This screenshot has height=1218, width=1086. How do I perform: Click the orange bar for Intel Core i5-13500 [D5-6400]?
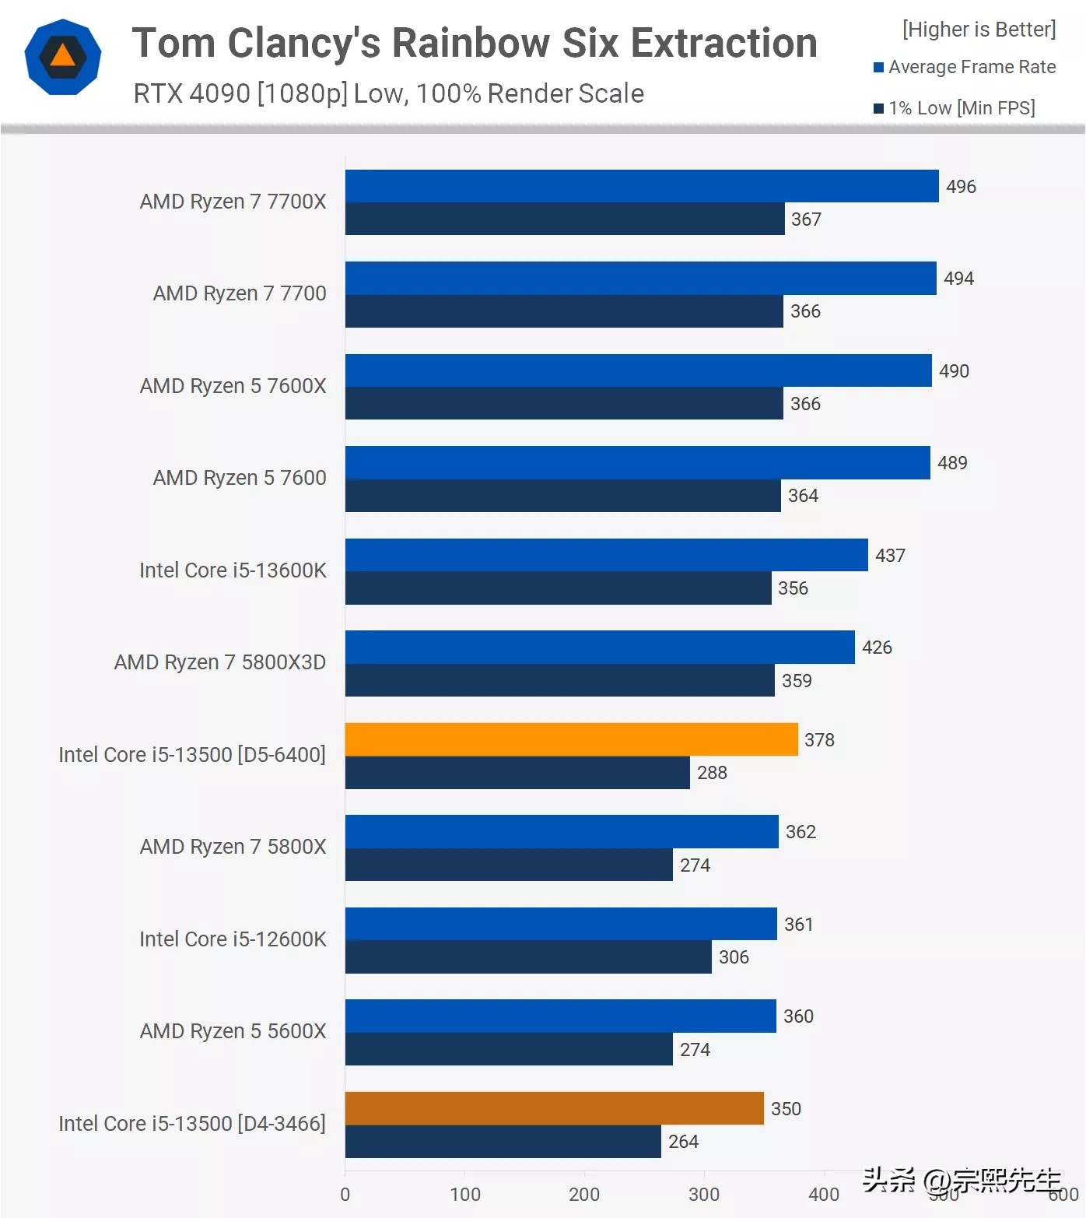coord(571,739)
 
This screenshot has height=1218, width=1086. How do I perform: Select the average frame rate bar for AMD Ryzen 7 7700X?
coord(642,186)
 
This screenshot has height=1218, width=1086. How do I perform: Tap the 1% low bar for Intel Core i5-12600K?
coord(528,956)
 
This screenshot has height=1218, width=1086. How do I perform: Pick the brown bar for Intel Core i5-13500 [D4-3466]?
coord(554,1108)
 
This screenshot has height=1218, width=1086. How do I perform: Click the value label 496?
coord(961,187)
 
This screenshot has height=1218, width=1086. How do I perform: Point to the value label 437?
coord(890,556)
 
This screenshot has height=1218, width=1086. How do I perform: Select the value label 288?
coord(712,773)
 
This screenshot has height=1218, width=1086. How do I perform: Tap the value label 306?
coord(734,957)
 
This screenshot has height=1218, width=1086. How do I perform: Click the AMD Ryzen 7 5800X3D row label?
coord(220,662)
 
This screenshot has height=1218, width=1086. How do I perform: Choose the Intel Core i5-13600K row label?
coord(233,570)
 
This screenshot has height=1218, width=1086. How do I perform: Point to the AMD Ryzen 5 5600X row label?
coord(233,1031)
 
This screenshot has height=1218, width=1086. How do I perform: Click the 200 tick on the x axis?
coord(584,1195)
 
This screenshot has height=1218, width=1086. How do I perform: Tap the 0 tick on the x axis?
coord(345,1195)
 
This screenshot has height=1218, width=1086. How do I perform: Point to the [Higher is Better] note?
coord(979,30)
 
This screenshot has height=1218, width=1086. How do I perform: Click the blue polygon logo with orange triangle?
coord(63,57)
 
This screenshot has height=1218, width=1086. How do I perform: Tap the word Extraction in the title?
coord(724,43)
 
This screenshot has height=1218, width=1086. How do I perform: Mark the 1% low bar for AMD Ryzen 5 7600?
coord(562,496)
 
